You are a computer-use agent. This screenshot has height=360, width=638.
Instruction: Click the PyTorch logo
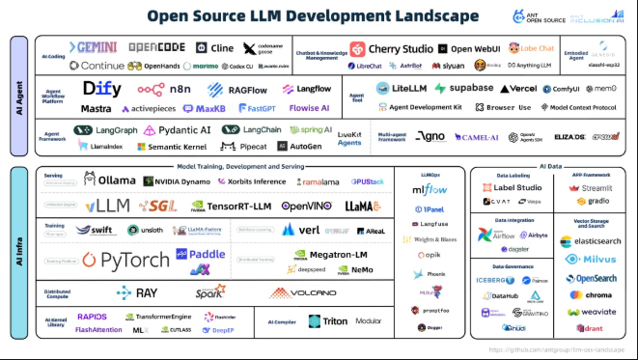tap(125, 259)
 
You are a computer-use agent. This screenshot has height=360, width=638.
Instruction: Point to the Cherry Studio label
tap(399, 48)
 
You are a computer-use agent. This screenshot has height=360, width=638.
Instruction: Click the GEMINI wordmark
tap(94, 48)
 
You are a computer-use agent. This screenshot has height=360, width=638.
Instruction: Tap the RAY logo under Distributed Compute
tap(140, 292)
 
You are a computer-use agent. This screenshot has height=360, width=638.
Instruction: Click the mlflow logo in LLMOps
tap(430, 190)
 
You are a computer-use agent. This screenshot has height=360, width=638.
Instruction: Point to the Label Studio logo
tap(512, 187)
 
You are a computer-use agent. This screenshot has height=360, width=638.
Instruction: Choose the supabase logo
tap(463, 88)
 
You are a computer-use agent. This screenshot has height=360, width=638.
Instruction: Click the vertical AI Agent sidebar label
tap(18, 99)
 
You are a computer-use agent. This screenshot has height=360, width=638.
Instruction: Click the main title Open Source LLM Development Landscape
tap(312, 16)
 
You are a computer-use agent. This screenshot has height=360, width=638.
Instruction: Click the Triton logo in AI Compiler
tap(327, 321)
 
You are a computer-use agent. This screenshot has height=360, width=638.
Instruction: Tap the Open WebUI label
tap(470, 48)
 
